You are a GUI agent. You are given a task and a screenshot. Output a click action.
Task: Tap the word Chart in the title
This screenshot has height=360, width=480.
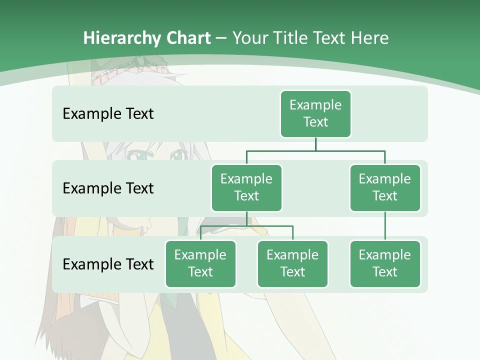[x=188, y=38]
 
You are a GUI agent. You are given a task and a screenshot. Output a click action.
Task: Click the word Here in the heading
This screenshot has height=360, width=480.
[x=369, y=38]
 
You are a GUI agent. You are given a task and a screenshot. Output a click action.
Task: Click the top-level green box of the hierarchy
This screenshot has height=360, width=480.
[x=315, y=114]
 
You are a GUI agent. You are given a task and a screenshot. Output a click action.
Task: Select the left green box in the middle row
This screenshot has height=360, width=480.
[x=246, y=188]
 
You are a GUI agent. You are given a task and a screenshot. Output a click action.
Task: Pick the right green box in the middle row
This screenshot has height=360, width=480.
[x=385, y=188]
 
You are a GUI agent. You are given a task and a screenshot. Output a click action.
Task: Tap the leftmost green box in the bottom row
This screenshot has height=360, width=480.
[x=200, y=264]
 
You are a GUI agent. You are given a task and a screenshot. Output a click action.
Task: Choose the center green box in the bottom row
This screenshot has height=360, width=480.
[x=292, y=264]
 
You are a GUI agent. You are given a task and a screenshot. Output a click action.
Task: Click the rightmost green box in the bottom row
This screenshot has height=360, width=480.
[x=385, y=264]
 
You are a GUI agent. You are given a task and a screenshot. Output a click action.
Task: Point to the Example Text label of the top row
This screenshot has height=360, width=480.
[x=108, y=114]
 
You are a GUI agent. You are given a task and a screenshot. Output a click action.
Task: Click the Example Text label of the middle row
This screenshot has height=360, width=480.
[x=108, y=188]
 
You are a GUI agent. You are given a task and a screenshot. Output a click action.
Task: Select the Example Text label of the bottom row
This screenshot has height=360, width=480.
[x=108, y=264]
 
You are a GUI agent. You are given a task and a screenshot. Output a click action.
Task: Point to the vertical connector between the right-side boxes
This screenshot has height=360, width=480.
[x=385, y=226]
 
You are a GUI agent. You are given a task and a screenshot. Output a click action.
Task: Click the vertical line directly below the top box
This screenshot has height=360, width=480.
[x=315, y=144]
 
